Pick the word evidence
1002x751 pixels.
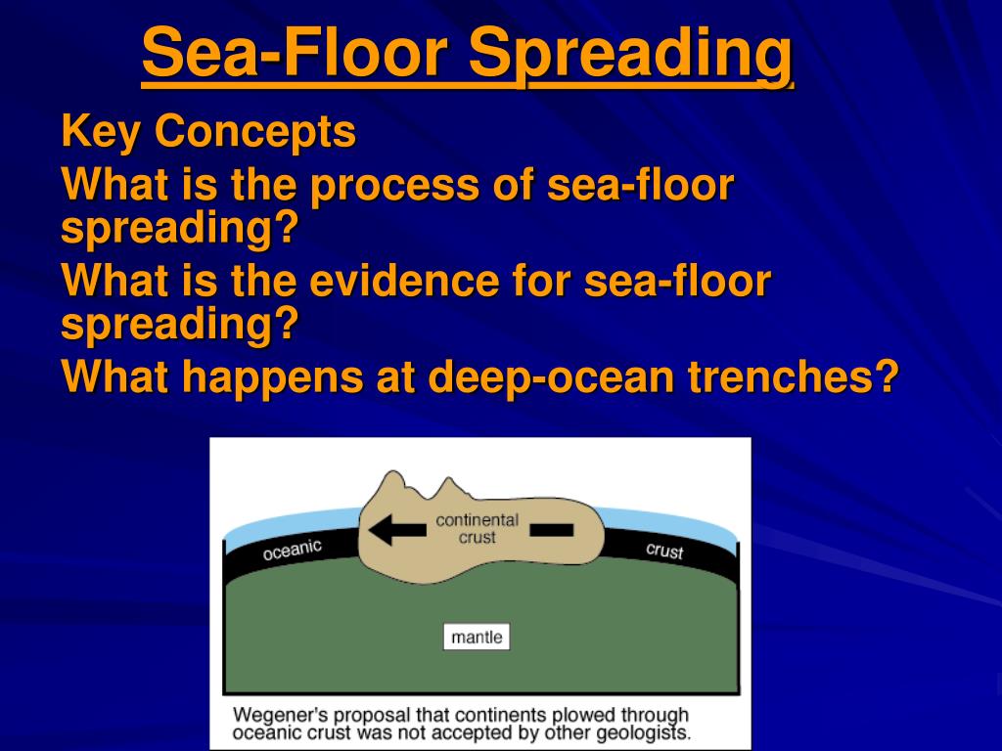(410, 283)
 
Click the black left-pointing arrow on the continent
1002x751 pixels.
(397, 530)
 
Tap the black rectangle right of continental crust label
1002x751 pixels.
(553, 530)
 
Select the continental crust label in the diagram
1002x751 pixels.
(477, 529)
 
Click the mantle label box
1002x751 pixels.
(477, 638)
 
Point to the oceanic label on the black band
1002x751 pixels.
(292, 551)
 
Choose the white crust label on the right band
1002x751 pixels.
(664, 551)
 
